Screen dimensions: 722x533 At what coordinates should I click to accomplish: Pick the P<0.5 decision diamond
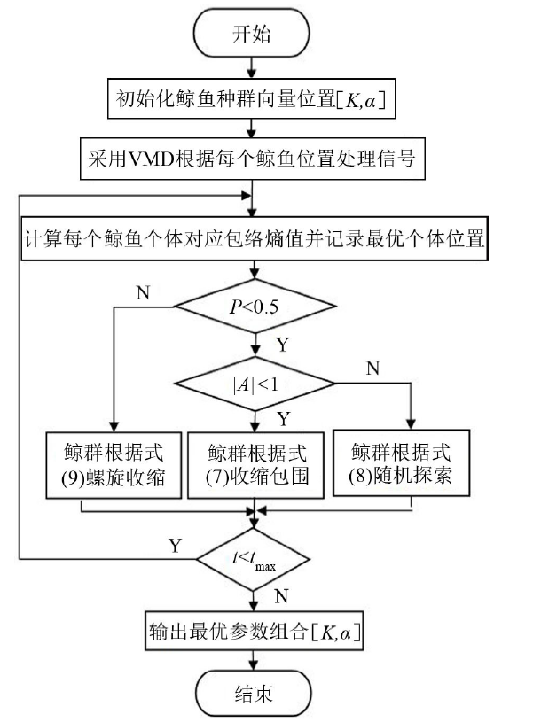[x=255, y=307]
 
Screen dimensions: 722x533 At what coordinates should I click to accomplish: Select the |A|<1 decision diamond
[x=255, y=384]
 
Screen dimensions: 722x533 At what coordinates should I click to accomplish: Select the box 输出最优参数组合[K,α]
[x=255, y=633]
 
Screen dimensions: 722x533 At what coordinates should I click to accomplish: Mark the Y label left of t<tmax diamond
[x=174, y=546]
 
